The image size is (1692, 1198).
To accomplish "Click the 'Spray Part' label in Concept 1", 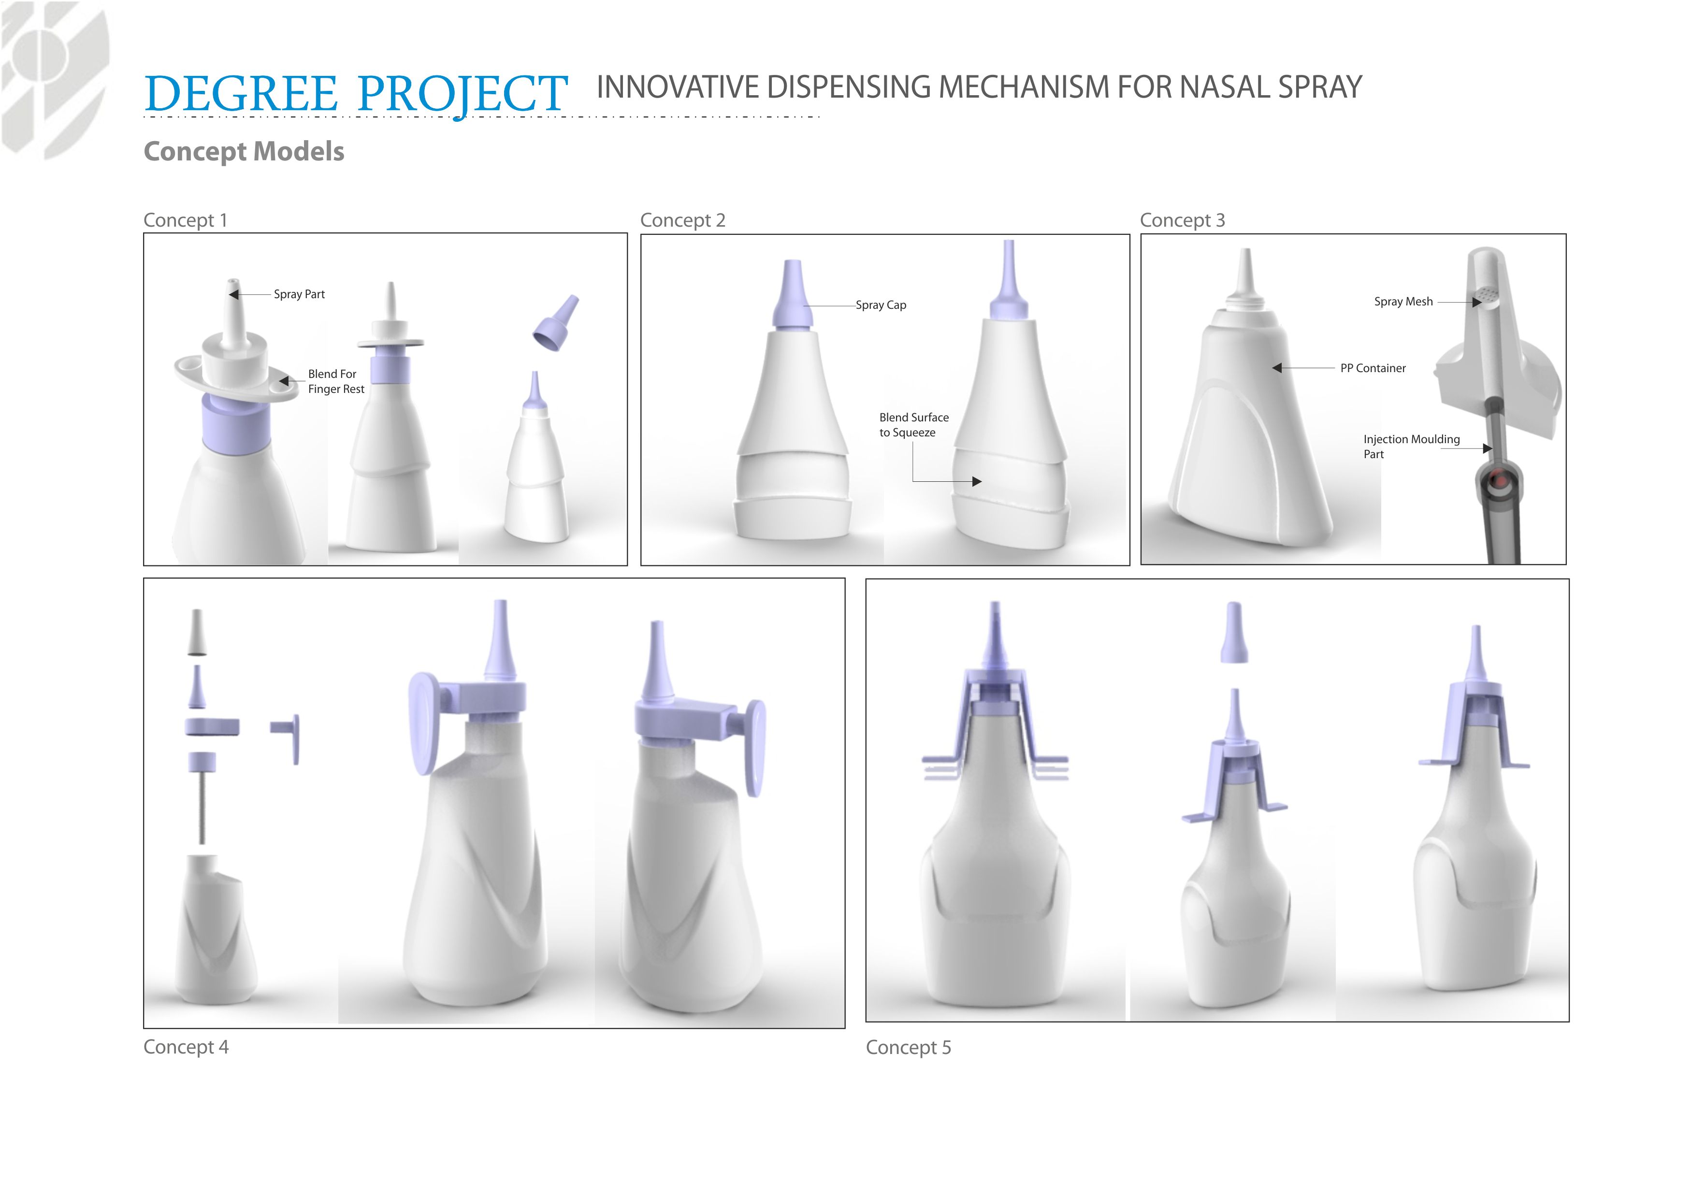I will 299,294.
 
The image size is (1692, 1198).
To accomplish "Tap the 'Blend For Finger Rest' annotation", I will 335,381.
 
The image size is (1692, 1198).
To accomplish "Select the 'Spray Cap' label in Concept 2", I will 881,304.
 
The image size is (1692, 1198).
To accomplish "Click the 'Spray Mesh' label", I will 1403,302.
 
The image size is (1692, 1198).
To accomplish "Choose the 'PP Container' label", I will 1373,368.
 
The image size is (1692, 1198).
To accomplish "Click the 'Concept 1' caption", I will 185,220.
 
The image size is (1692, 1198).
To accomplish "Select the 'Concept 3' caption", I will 1182,220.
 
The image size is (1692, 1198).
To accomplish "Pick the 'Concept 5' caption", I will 908,1048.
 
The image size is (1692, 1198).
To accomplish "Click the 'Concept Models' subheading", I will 244,151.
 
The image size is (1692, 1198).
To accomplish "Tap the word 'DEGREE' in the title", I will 241,94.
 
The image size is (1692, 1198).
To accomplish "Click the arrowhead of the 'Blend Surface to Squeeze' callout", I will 977,482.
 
